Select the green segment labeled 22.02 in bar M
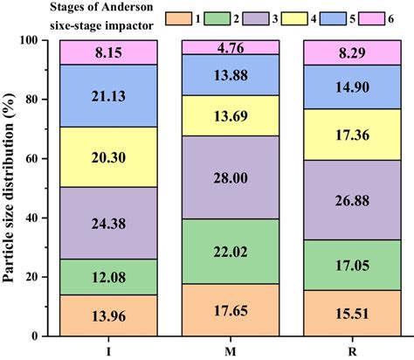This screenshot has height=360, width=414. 229,251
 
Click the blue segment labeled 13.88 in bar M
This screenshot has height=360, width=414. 229,75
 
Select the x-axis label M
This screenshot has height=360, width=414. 229,350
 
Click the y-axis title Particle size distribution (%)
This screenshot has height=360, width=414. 10,188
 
